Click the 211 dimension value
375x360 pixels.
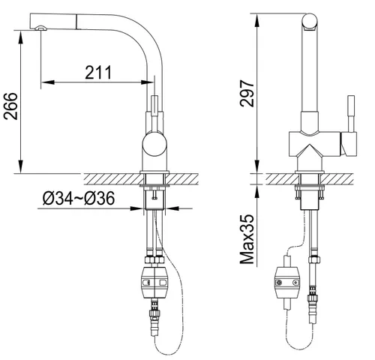pos(98,73)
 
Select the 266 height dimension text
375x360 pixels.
pos(10,106)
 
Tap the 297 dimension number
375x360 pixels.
pos(247,93)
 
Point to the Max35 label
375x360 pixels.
pos(247,239)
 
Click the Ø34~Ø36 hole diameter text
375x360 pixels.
pos(79,198)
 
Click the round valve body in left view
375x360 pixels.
pos(154,145)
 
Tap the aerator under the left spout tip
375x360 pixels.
pos(40,28)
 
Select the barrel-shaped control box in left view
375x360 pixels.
pos(154,283)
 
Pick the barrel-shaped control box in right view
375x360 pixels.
pos(287,283)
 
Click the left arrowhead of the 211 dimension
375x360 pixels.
pos(47,82)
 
